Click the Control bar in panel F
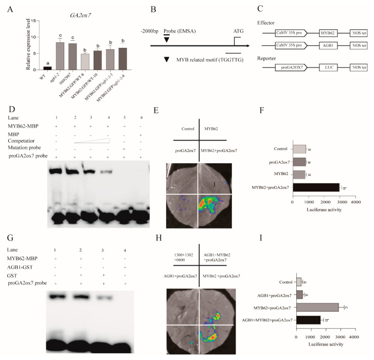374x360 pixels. click(x=299, y=149)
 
